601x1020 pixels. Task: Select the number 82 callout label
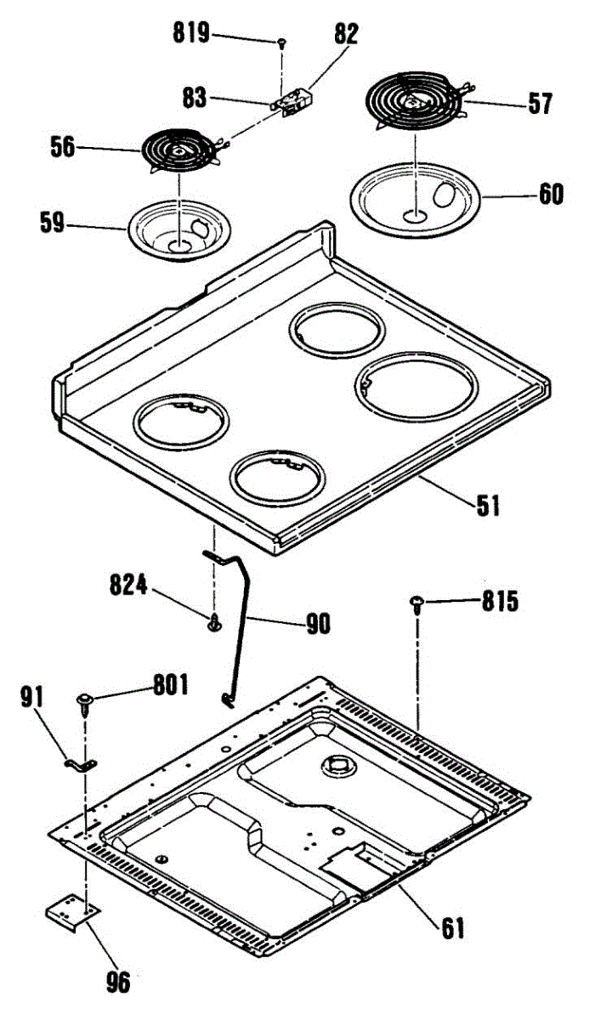click(x=346, y=34)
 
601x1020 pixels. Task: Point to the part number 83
click(x=194, y=97)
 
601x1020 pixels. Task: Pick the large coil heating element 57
click(x=416, y=99)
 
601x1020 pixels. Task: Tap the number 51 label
click(x=487, y=507)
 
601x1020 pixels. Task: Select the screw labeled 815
click(x=417, y=603)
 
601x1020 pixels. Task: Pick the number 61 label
click(x=451, y=927)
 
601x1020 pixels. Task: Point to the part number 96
click(x=117, y=983)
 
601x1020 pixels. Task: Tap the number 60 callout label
click(x=550, y=194)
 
